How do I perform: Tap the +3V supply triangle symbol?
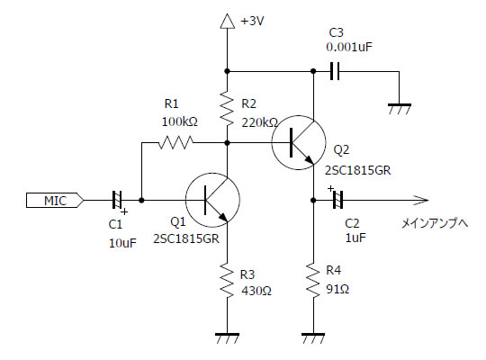pos(227,22)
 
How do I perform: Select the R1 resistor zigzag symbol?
pos(176,142)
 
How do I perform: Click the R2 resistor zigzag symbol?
pos(227,108)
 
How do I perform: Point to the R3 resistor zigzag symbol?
pos(227,281)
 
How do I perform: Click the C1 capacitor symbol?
pos(117,201)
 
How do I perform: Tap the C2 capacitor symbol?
pos(337,201)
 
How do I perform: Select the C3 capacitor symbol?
pos(335,71)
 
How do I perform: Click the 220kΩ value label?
pos(260,123)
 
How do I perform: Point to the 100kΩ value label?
pos(180,121)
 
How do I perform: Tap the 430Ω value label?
pos(256,291)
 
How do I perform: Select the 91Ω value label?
pos(337,289)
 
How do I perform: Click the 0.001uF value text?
pos(349,47)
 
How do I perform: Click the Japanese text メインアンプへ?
pos(435,223)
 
